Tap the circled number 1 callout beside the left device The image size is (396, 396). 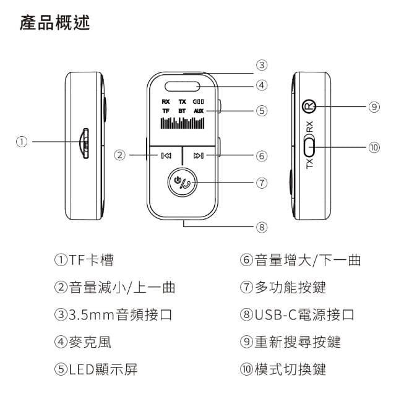[x=23, y=141]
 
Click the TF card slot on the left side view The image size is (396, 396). [x=85, y=142]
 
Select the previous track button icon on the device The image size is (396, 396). [x=166, y=155]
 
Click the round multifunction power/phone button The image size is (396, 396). [x=183, y=183]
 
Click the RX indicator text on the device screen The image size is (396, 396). [x=165, y=101]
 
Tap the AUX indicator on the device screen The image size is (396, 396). [x=198, y=111]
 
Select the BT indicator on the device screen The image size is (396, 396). [x=182, y=111]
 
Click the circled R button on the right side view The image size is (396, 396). [x=309, y=106]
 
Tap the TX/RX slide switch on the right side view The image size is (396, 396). [x=310, y=147]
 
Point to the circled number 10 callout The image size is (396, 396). [x=373, y=147]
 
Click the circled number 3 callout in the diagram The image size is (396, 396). [x=262, y=64]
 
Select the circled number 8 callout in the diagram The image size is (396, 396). [x=262, y=227]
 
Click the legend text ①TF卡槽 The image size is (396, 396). [x=84, y=260]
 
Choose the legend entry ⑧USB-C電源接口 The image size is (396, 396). [x=296, y=315]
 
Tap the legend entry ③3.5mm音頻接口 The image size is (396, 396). [x=113, y=315]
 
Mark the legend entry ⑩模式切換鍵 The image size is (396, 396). [x=282, y=369]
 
